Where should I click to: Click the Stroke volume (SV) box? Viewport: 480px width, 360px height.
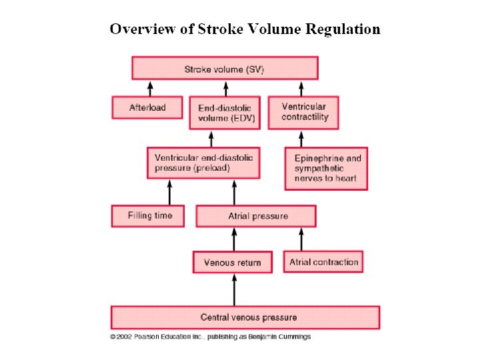tap(225, 68)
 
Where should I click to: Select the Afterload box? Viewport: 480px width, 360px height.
tap(147, 107)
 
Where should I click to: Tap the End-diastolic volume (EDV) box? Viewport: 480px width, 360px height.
tap(225, 113)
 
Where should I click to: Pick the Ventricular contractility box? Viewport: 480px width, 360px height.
tap(303, 112)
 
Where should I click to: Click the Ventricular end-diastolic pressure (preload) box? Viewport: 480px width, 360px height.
tap(203, 163)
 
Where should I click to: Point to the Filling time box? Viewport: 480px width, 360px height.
tap(150, 216)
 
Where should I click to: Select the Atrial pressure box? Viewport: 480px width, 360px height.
tap(256, 216)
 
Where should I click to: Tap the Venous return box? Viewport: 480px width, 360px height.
tap(233, 262)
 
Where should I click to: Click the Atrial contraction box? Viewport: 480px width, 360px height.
tap(324, 262)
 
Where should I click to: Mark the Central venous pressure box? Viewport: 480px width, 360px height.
tap(245, 317)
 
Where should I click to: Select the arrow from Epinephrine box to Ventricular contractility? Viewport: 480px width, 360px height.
tap(301, 138)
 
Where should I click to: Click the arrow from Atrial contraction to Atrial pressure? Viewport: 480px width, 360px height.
tap(301, 239)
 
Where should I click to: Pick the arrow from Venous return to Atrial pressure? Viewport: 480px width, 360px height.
tap(233, 239)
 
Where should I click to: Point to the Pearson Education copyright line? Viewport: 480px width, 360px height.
tap(211, 337)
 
